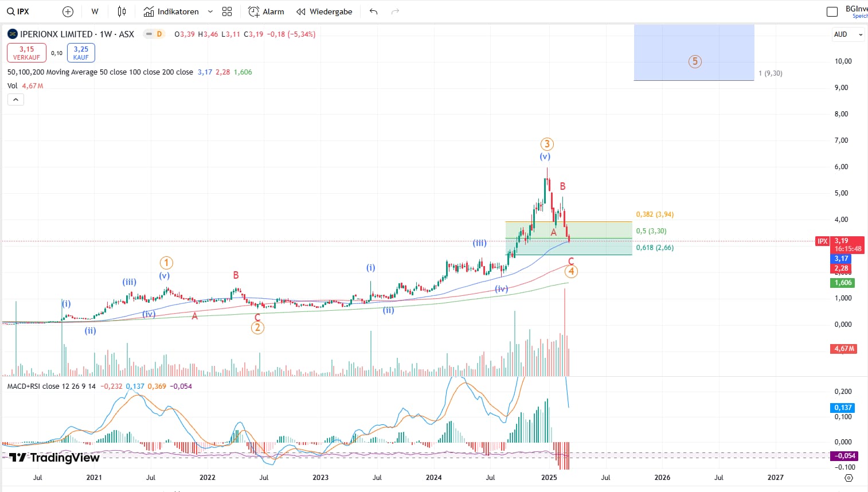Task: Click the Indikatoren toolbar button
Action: (171, 11)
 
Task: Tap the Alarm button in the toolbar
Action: (266, 11)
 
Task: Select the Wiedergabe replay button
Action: (324, 11)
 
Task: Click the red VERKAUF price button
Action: (26, 53)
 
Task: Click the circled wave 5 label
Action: (695, 61)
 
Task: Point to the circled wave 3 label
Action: (547, 144)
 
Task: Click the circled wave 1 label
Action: (166, 263)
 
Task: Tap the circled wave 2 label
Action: (257, 327)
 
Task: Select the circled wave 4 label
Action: (571, 271)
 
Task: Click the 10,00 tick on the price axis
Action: (843, 61)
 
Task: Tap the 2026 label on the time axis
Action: (662, 477)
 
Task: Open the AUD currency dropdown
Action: (847, 34)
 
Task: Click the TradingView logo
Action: (54, 457)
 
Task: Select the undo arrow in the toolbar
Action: (374, 11)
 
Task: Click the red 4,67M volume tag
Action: (844, 349)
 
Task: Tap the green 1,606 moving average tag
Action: (843, 283)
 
